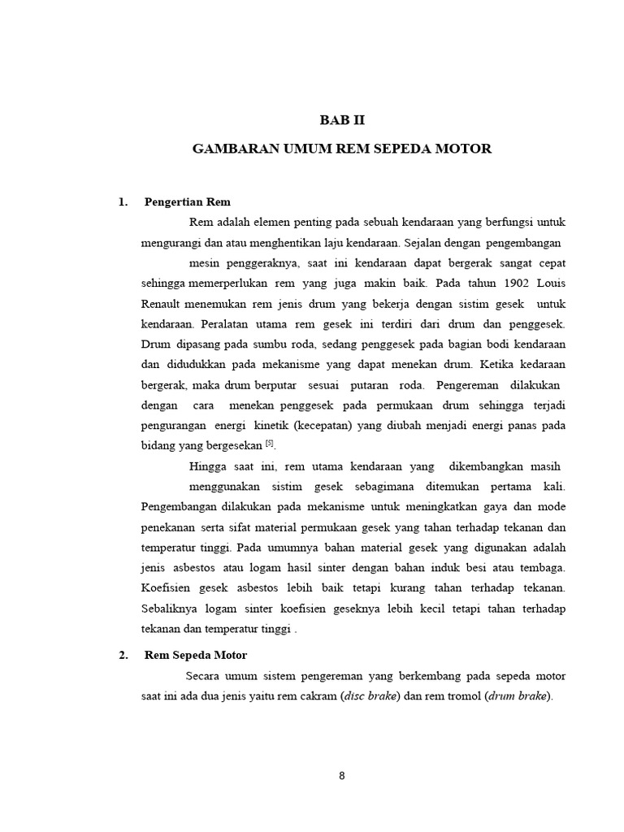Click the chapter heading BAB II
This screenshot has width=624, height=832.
coord(342,121)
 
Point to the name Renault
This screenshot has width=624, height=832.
coord(162,304)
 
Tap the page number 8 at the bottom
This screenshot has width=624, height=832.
coord(342,775)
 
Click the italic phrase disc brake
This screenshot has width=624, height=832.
coord(370,695)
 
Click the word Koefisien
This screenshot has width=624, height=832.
coord(167,588)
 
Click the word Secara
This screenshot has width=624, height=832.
coord(204,676)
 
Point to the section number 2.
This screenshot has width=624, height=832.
coord(123,655)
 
